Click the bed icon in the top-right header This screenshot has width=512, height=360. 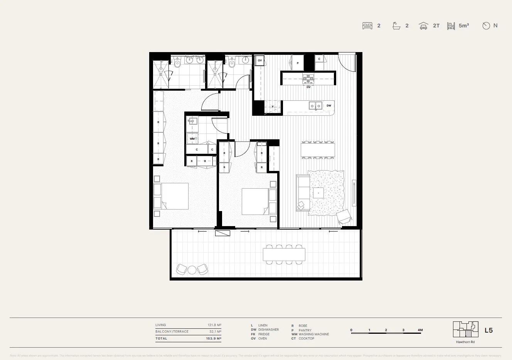367,26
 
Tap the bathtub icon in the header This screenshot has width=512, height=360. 396,26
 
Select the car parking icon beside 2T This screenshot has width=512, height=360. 423,26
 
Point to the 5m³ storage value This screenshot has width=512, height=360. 464,26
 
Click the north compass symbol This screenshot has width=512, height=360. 486,26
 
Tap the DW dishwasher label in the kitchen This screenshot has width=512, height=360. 329,105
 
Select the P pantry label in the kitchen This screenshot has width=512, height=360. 298,63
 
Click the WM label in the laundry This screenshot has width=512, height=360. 192,138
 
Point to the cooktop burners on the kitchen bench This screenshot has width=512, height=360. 308,79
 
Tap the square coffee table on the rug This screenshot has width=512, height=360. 318,193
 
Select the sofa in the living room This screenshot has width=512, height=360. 302,193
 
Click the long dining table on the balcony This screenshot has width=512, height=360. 284,254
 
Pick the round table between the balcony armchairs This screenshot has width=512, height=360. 192,270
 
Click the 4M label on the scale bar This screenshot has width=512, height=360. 420,330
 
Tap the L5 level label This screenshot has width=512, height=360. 488,330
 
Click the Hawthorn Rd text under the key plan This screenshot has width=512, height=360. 465,342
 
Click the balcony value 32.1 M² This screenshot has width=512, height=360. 215,331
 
